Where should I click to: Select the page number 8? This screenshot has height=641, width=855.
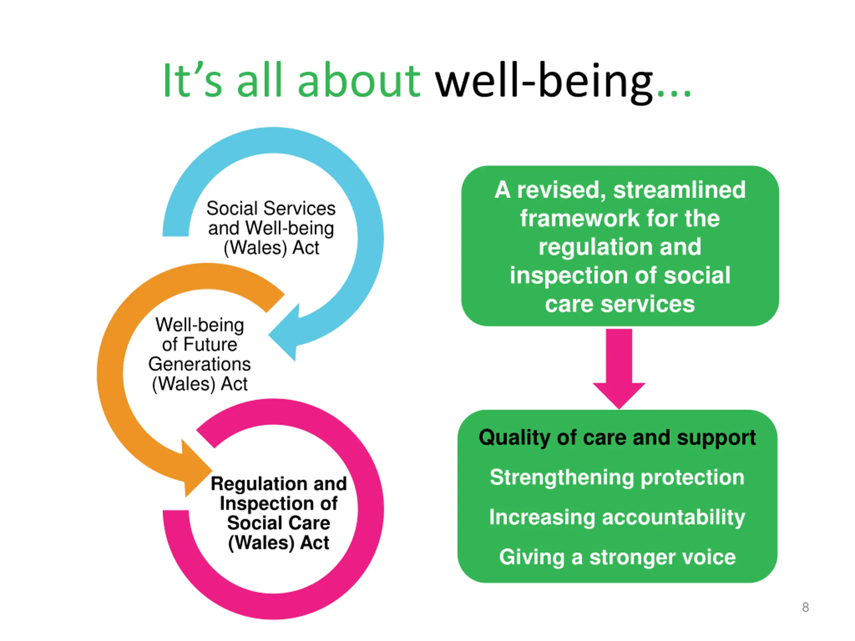[x=805, y=607]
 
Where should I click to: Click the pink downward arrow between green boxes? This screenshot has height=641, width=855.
[x=619, y=367]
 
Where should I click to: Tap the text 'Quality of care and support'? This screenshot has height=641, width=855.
[x=617, y=438]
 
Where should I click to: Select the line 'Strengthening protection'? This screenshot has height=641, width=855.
[x=617, y=477]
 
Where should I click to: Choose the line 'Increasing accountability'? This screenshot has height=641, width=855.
[x=617, y=517]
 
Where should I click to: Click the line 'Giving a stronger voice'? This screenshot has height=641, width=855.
[x=617, y=557]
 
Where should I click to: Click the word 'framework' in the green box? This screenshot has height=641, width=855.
[x=579, y=219]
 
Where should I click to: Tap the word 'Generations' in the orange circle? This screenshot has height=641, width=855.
[x=199, y=364]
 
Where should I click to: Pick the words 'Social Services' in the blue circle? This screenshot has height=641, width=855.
[x=271, y=209]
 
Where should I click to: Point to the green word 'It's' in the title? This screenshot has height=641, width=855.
[x=192, y=81]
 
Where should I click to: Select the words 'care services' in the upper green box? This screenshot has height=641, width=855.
[x=620, y=304]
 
